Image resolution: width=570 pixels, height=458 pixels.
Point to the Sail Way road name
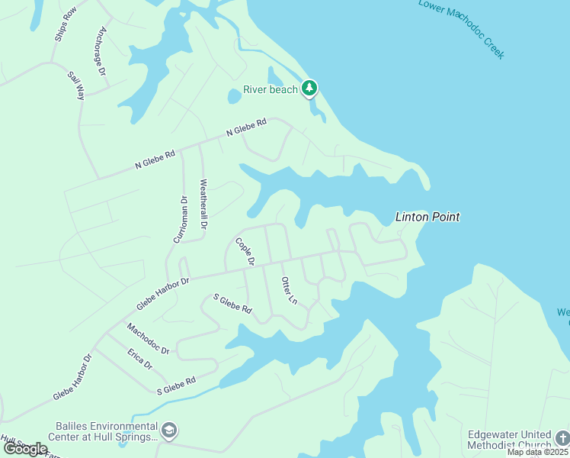[76, 86]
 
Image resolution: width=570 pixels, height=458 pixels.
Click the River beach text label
[271, 89]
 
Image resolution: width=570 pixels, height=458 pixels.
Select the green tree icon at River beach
[309, 89]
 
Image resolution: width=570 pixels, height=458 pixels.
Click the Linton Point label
[427, 217]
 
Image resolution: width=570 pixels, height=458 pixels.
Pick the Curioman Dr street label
[180, 219]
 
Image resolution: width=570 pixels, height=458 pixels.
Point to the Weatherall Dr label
[203, 204]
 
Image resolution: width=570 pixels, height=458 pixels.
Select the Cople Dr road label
[244, 252]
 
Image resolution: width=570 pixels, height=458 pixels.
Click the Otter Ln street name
[289, 291]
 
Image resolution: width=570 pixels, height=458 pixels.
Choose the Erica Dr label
[140, 360]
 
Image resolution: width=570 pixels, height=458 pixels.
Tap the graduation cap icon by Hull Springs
[170, 431]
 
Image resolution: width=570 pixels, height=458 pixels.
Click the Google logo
[24, 448]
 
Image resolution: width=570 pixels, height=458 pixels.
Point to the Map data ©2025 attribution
[538, 452]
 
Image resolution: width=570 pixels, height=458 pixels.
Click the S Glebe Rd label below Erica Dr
[176, 385]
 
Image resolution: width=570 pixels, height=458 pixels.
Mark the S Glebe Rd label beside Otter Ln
[232, 303]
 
